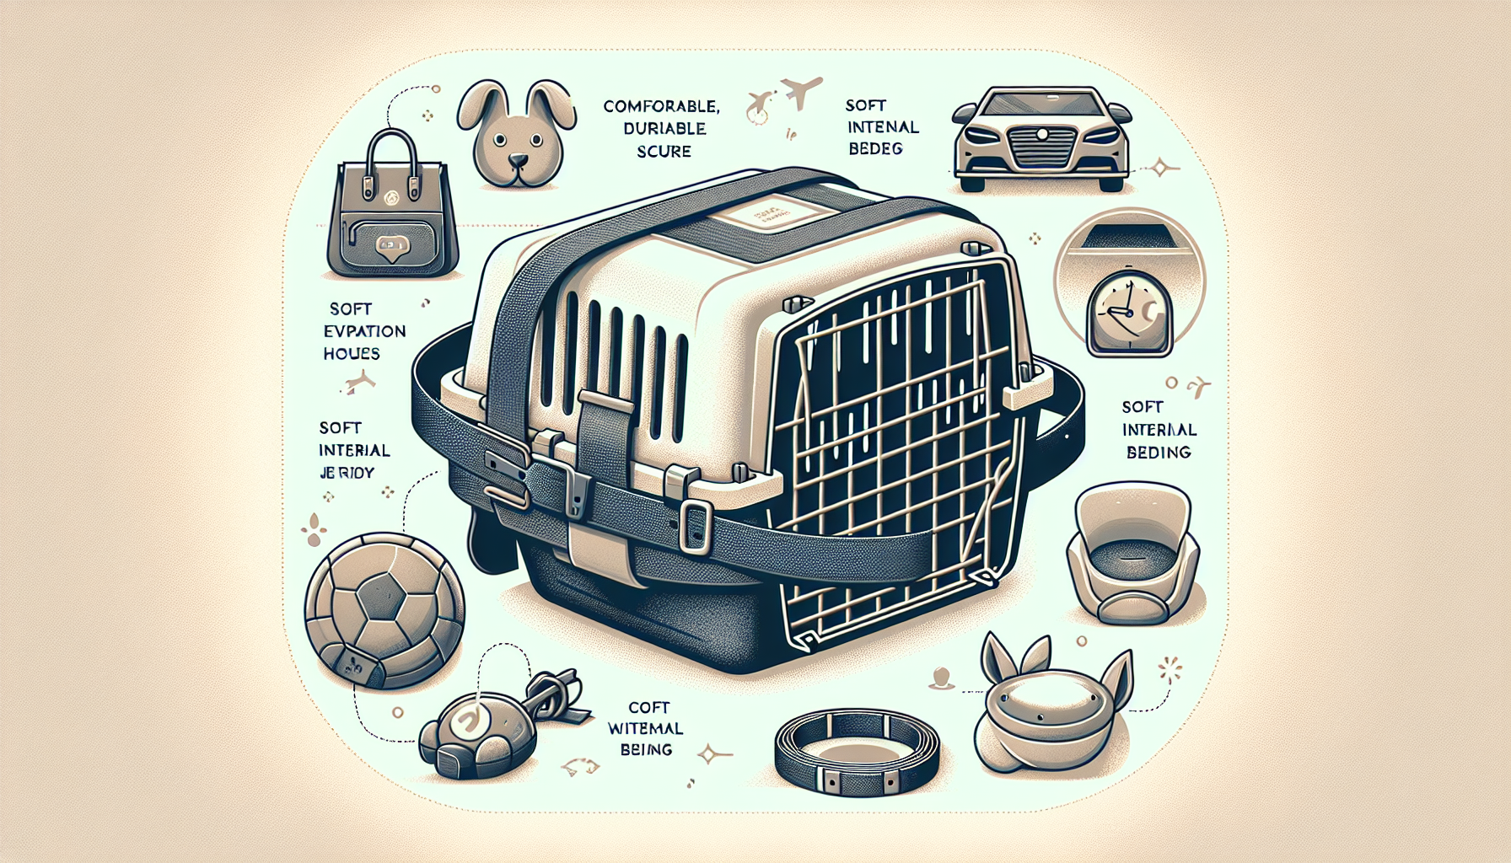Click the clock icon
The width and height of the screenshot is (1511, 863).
click(x=1128, y=316)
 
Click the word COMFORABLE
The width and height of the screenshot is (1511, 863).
click(x=661, y=106)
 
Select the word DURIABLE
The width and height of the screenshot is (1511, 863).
click(x=664, y=128)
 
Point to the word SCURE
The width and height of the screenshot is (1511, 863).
click(x=664, y=151)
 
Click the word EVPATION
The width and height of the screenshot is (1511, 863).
click(x=364, y=331)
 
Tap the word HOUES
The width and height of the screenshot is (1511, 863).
click(x=351, y=354)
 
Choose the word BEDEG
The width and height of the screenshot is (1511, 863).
click(x=875, y=149)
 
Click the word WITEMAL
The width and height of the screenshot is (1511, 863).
click(x=646, y=728)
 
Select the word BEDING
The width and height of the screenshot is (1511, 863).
click(x=1159, y=453)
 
